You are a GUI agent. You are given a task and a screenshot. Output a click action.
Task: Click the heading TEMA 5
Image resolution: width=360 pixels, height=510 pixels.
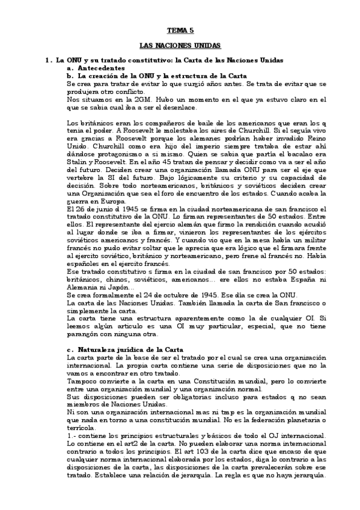coord(180,29)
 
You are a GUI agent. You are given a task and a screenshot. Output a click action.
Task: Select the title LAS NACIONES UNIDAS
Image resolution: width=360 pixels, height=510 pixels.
coord(180,45)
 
